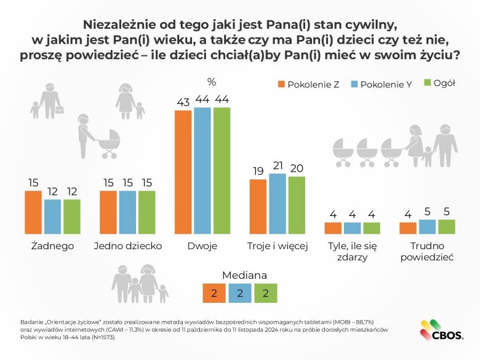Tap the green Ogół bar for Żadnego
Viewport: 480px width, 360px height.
point(72,217)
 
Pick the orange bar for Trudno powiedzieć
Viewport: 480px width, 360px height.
point(408,228)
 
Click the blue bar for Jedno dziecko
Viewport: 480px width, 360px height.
point(128,212)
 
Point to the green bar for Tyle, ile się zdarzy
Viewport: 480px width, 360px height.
point(372,228)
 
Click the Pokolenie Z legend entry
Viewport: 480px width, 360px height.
point(308,84)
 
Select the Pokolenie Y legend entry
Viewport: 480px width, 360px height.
point(380,84)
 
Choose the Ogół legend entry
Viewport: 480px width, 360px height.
point(439,83)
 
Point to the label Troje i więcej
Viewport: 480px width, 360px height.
point(278,246)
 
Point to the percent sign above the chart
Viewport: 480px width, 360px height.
point(212,82)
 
